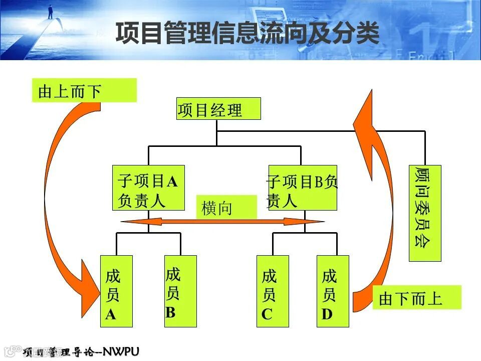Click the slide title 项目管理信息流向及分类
(x=248, y=34)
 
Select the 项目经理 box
(x=219, y=109)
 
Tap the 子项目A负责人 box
(x=148, y=188)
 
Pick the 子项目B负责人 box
(x=303, y=188)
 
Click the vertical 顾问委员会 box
(x=425, y=213)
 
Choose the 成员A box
(x=116, y=291)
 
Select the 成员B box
(x=180, y=291)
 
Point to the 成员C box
(x=273, y=291)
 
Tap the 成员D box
(x=333, y=291)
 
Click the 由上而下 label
(x=84, y=91)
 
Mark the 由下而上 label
(x=416, y=297)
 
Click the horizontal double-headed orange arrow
(x=223, y=221)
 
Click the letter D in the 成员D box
(x=327, y=314)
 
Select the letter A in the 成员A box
(x=110, y=315)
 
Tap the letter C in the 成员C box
(x=267, y=314)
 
